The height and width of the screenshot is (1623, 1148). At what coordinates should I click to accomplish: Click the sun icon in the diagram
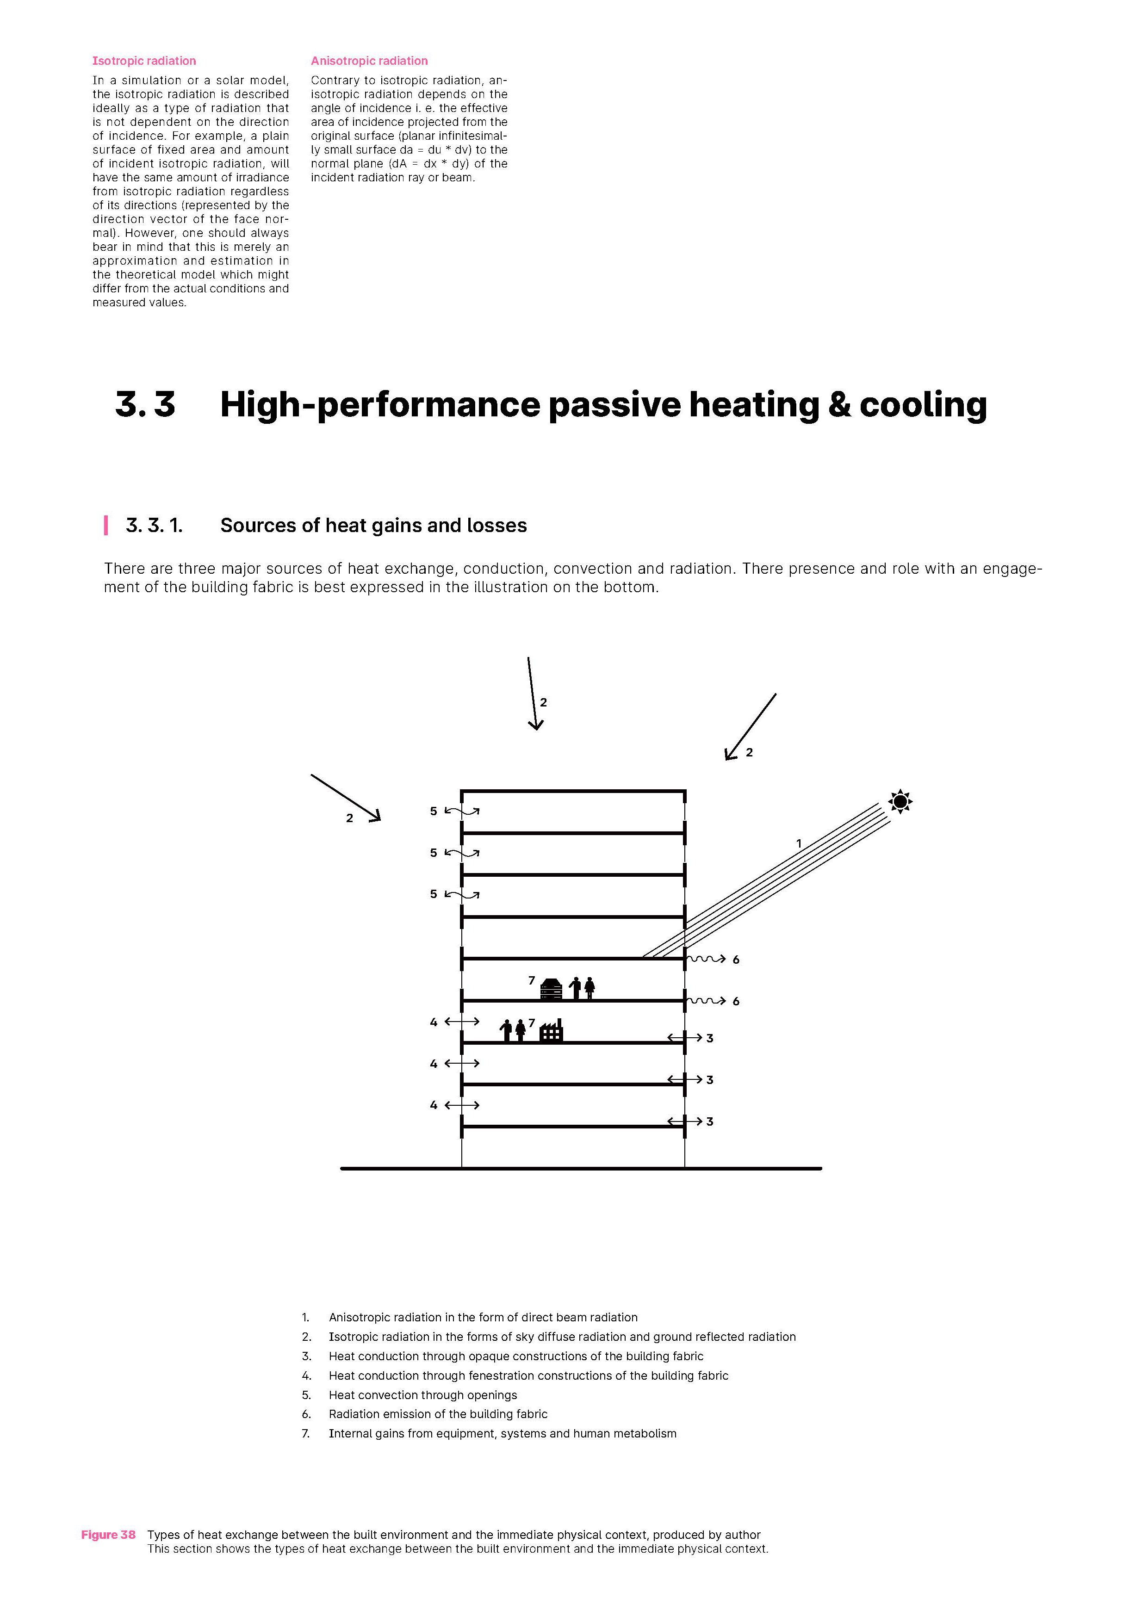click(x=900, y=802)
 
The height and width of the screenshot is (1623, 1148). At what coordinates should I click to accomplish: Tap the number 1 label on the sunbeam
click(x=799, y=843)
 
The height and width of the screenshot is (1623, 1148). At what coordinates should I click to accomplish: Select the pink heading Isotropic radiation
click(x=144, y=61)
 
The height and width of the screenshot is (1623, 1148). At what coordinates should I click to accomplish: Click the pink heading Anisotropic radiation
click(x=369, y=61)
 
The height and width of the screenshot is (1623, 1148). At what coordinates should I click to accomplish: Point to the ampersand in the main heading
click(x=838, y=405)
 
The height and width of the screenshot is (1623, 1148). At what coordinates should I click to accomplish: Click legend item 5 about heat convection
click(x=423, y=1394)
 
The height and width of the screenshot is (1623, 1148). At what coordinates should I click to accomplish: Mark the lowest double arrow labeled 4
click(x=462, y=1105)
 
